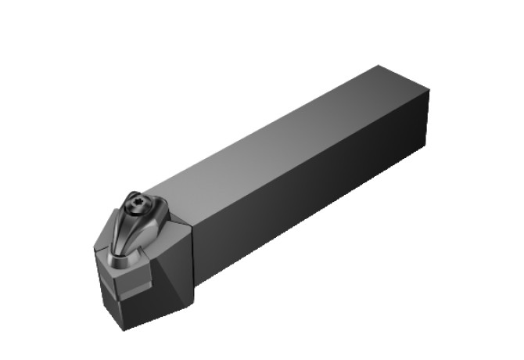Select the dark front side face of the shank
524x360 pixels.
tap(313, 196)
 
